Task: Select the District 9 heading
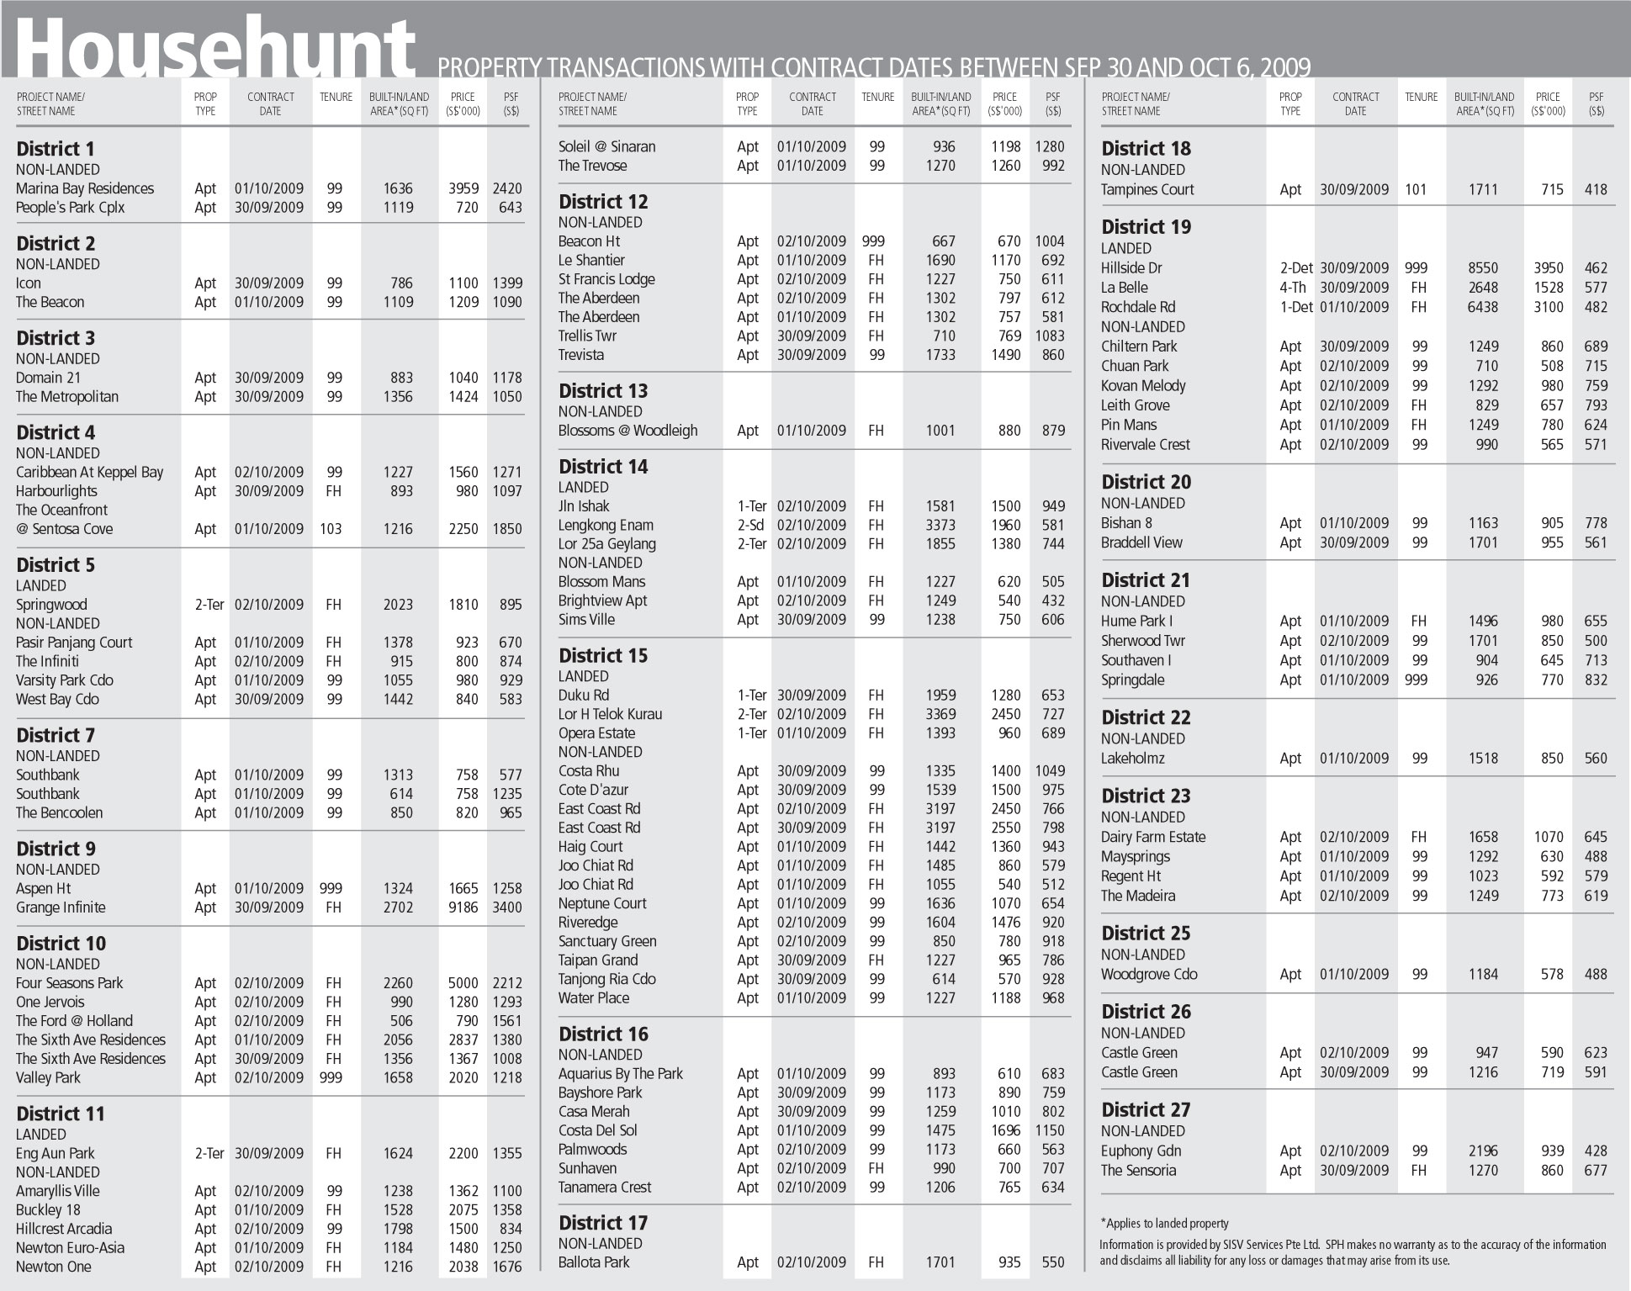56,849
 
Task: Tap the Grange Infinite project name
61,907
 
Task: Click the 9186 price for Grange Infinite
463,907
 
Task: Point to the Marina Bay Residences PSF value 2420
507,188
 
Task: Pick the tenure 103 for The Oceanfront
334,529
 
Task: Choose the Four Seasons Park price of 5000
463,983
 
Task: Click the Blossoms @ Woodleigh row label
628,431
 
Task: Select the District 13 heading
603,391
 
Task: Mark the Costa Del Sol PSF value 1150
1050,1130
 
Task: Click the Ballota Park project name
594,1262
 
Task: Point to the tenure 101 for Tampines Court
1416,190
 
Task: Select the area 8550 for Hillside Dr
1483,268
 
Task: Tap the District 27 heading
1146,1110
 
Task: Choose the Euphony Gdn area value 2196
1483,1151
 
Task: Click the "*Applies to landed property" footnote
1164,1224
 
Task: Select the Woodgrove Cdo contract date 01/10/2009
1354,975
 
